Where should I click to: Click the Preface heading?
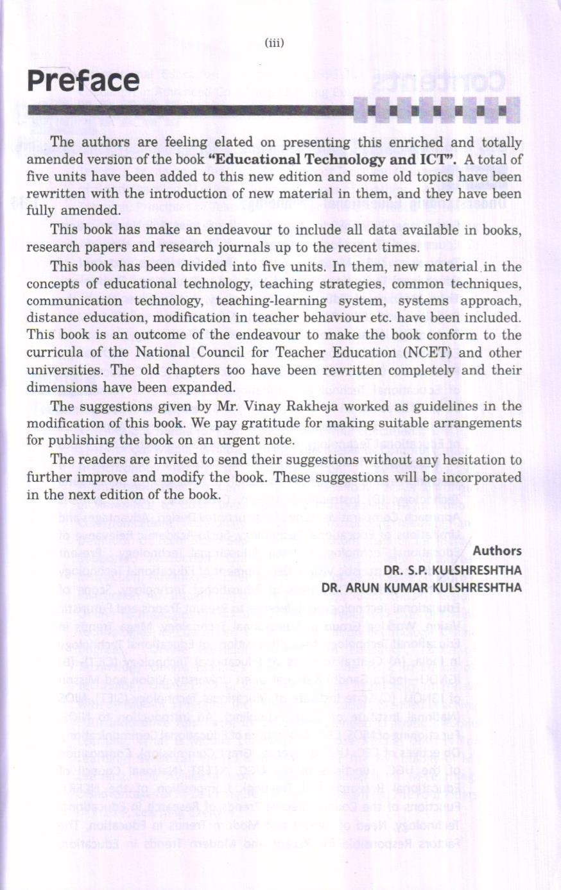pyautogui.click(x=83, y=81)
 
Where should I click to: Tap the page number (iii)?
pyautogui.click(x=274, y=43)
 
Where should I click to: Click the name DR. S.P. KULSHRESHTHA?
pyautogui.click(x=453, y=570)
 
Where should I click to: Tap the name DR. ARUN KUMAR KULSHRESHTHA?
pyautogui.click(x=422, y=588)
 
